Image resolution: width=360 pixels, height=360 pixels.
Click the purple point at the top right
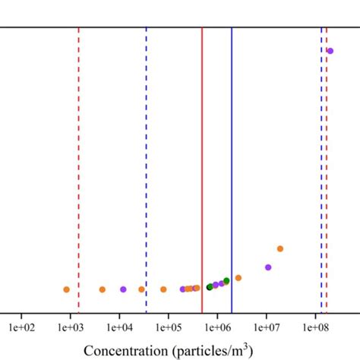pyautogui.click(x=330, y=51)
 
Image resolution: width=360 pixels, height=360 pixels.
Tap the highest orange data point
pyautogui.click(x=280, y=248)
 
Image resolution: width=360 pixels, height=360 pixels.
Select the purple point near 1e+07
pyautogui.click(x=268, y=267)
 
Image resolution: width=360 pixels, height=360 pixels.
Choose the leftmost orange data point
pyautogui.click(x=66, y=289)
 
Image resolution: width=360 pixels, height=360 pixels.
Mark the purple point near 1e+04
pyautogui.click(x=123, y=289)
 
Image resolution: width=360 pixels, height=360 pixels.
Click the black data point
pyautogui.click(x=210, y=287)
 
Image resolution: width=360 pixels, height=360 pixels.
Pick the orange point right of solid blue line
pyautogui.click(x=238, y=278)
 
